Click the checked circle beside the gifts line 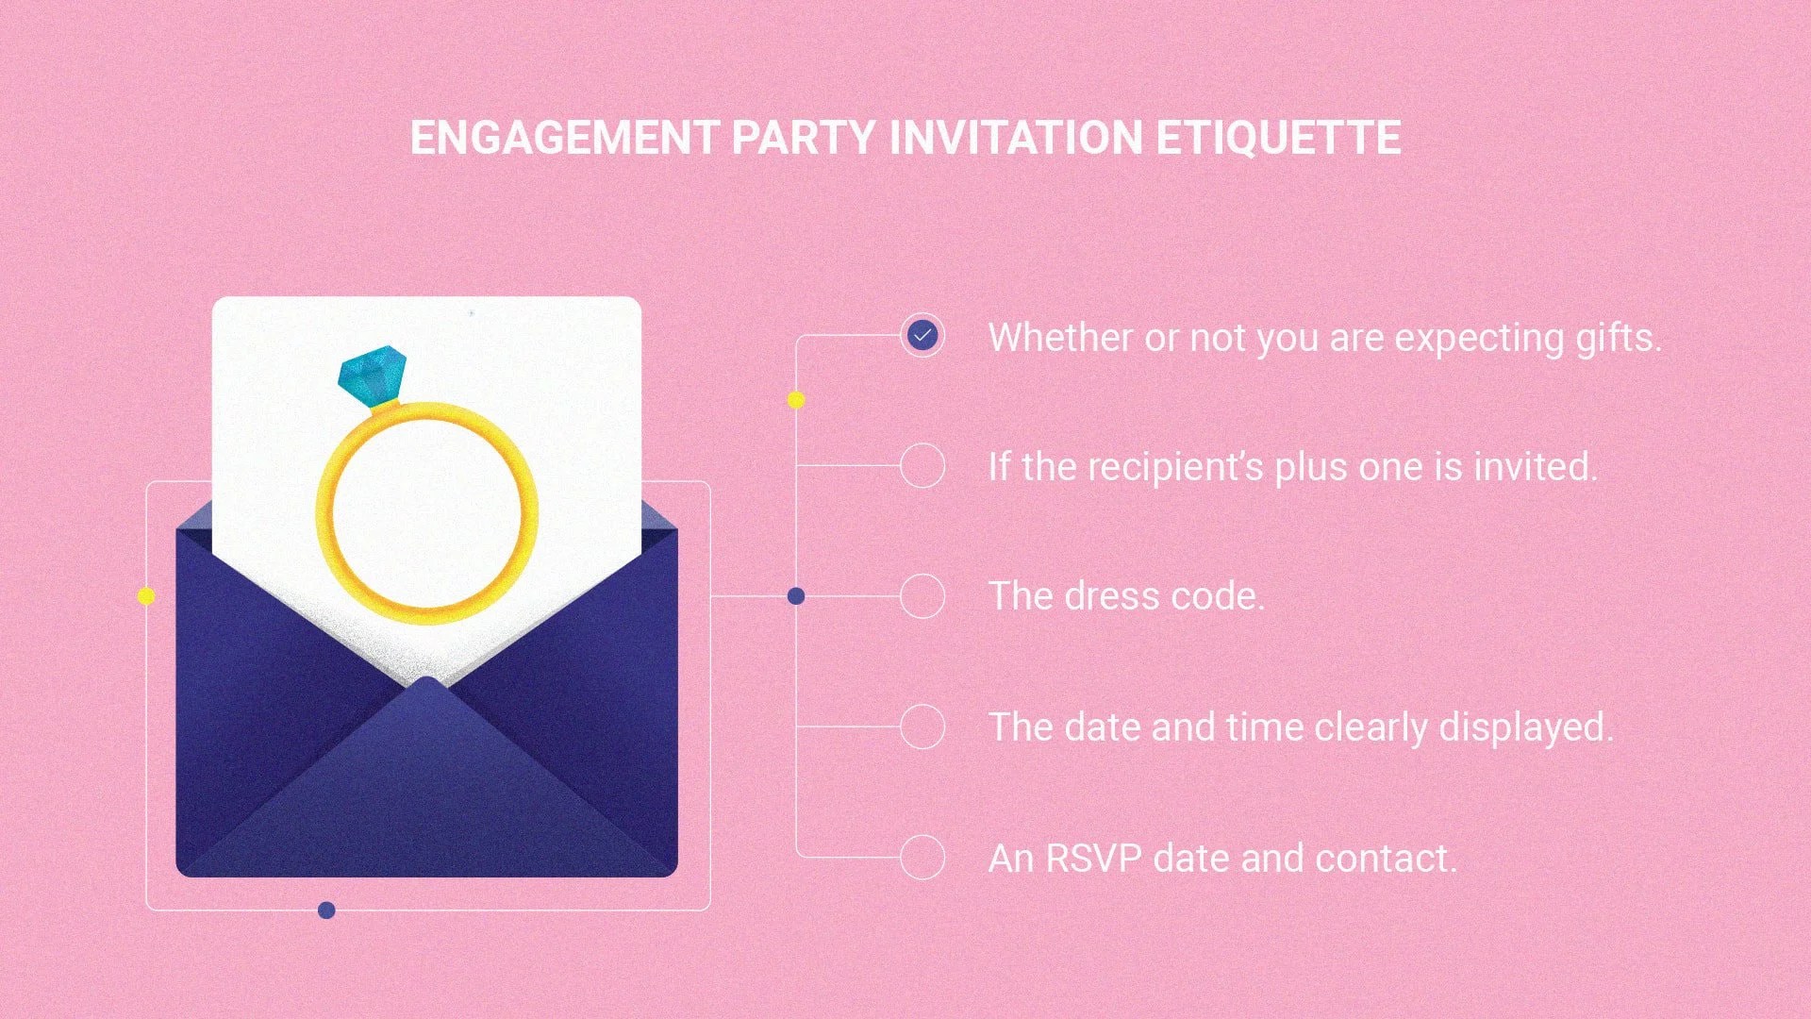click(922, 335)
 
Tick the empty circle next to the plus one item click(922, 465)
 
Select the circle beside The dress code click(922, 596)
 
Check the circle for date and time click(922, 727)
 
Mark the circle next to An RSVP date click(922, 858)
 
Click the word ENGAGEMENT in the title click(564, 138)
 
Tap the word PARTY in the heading click(803, 138)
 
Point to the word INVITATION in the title click(1016, 138)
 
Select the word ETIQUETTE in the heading click(1278, 138)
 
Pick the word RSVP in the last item click(1093, 859)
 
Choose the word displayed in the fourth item click(1525, 728)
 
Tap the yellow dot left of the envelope click(146, 596)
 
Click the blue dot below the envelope click(326, 910)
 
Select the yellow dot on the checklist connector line click(796, 400)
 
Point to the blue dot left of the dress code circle click(796, 596)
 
